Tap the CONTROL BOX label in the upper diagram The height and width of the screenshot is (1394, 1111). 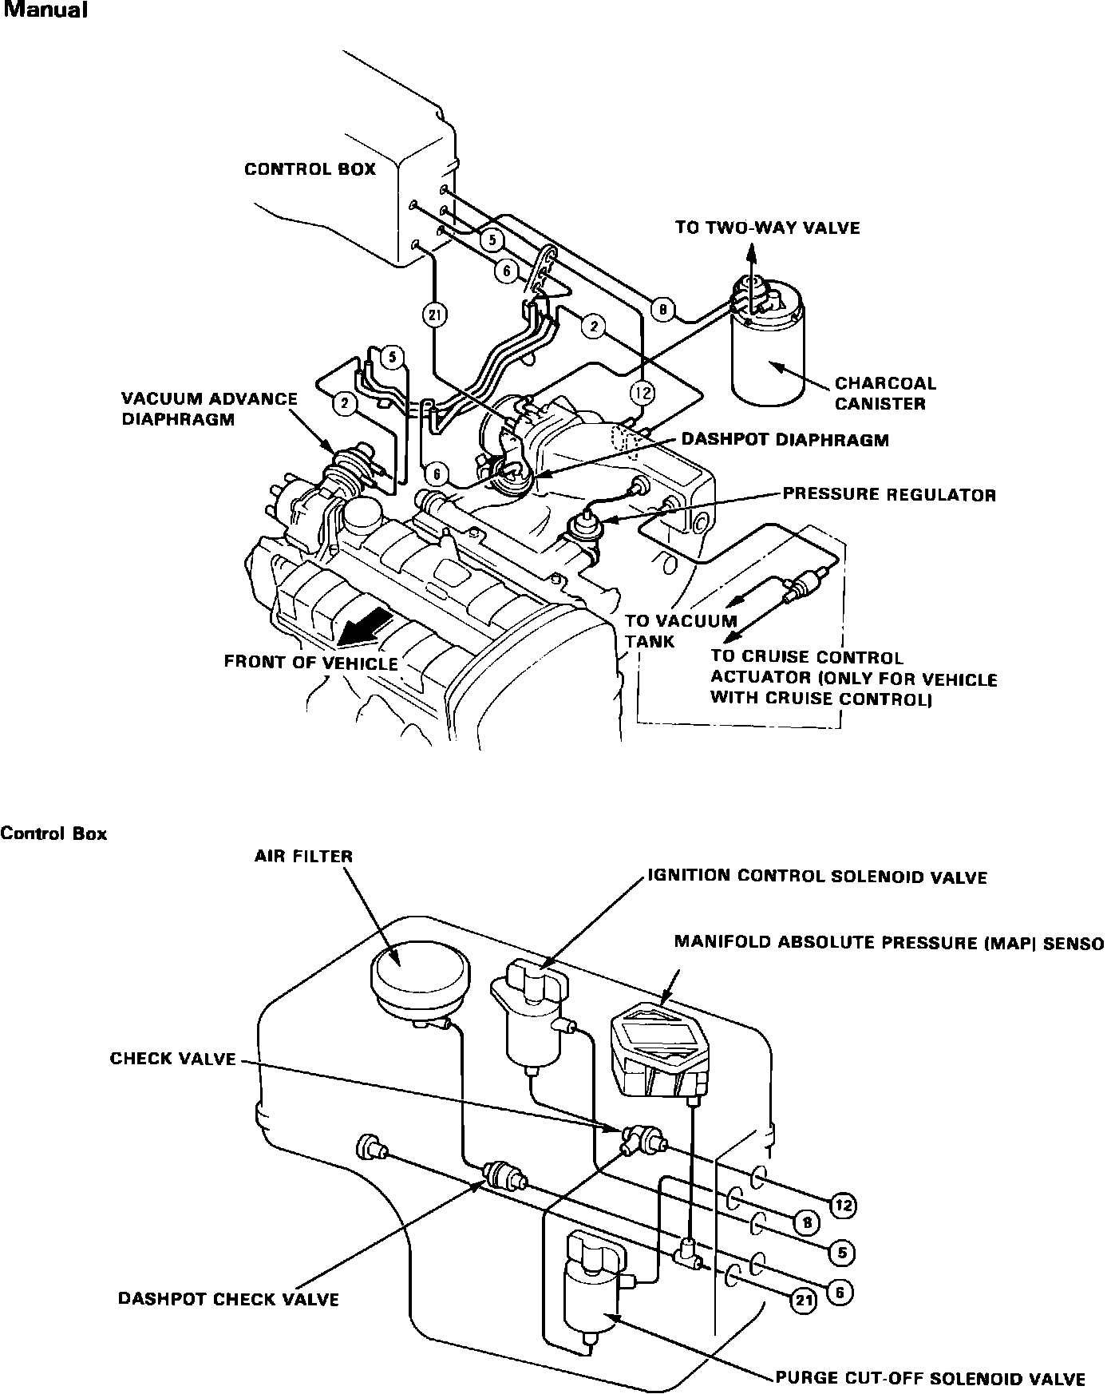tap(310, 169)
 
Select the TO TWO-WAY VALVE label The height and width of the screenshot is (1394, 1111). tap(767, 228)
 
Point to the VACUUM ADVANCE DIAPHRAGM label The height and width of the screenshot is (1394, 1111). tap(209, 409)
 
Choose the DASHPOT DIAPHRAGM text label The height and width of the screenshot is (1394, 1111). tap(785, 440)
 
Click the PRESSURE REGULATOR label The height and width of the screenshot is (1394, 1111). tap(888, 495)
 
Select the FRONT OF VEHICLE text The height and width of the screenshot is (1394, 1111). tap(310, 663)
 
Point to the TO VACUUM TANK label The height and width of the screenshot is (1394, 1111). tap(680, 631)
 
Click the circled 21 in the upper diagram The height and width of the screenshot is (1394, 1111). tap(434, 315)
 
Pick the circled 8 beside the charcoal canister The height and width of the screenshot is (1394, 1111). tap(663, 310)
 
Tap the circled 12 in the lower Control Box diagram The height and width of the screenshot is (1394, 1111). tap(843, 1205)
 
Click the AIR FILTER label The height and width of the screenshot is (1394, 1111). tap(303, 857)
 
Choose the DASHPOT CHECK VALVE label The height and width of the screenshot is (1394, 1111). tap(228, 1300)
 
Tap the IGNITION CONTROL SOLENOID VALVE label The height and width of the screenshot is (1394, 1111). tap(816, 877)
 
